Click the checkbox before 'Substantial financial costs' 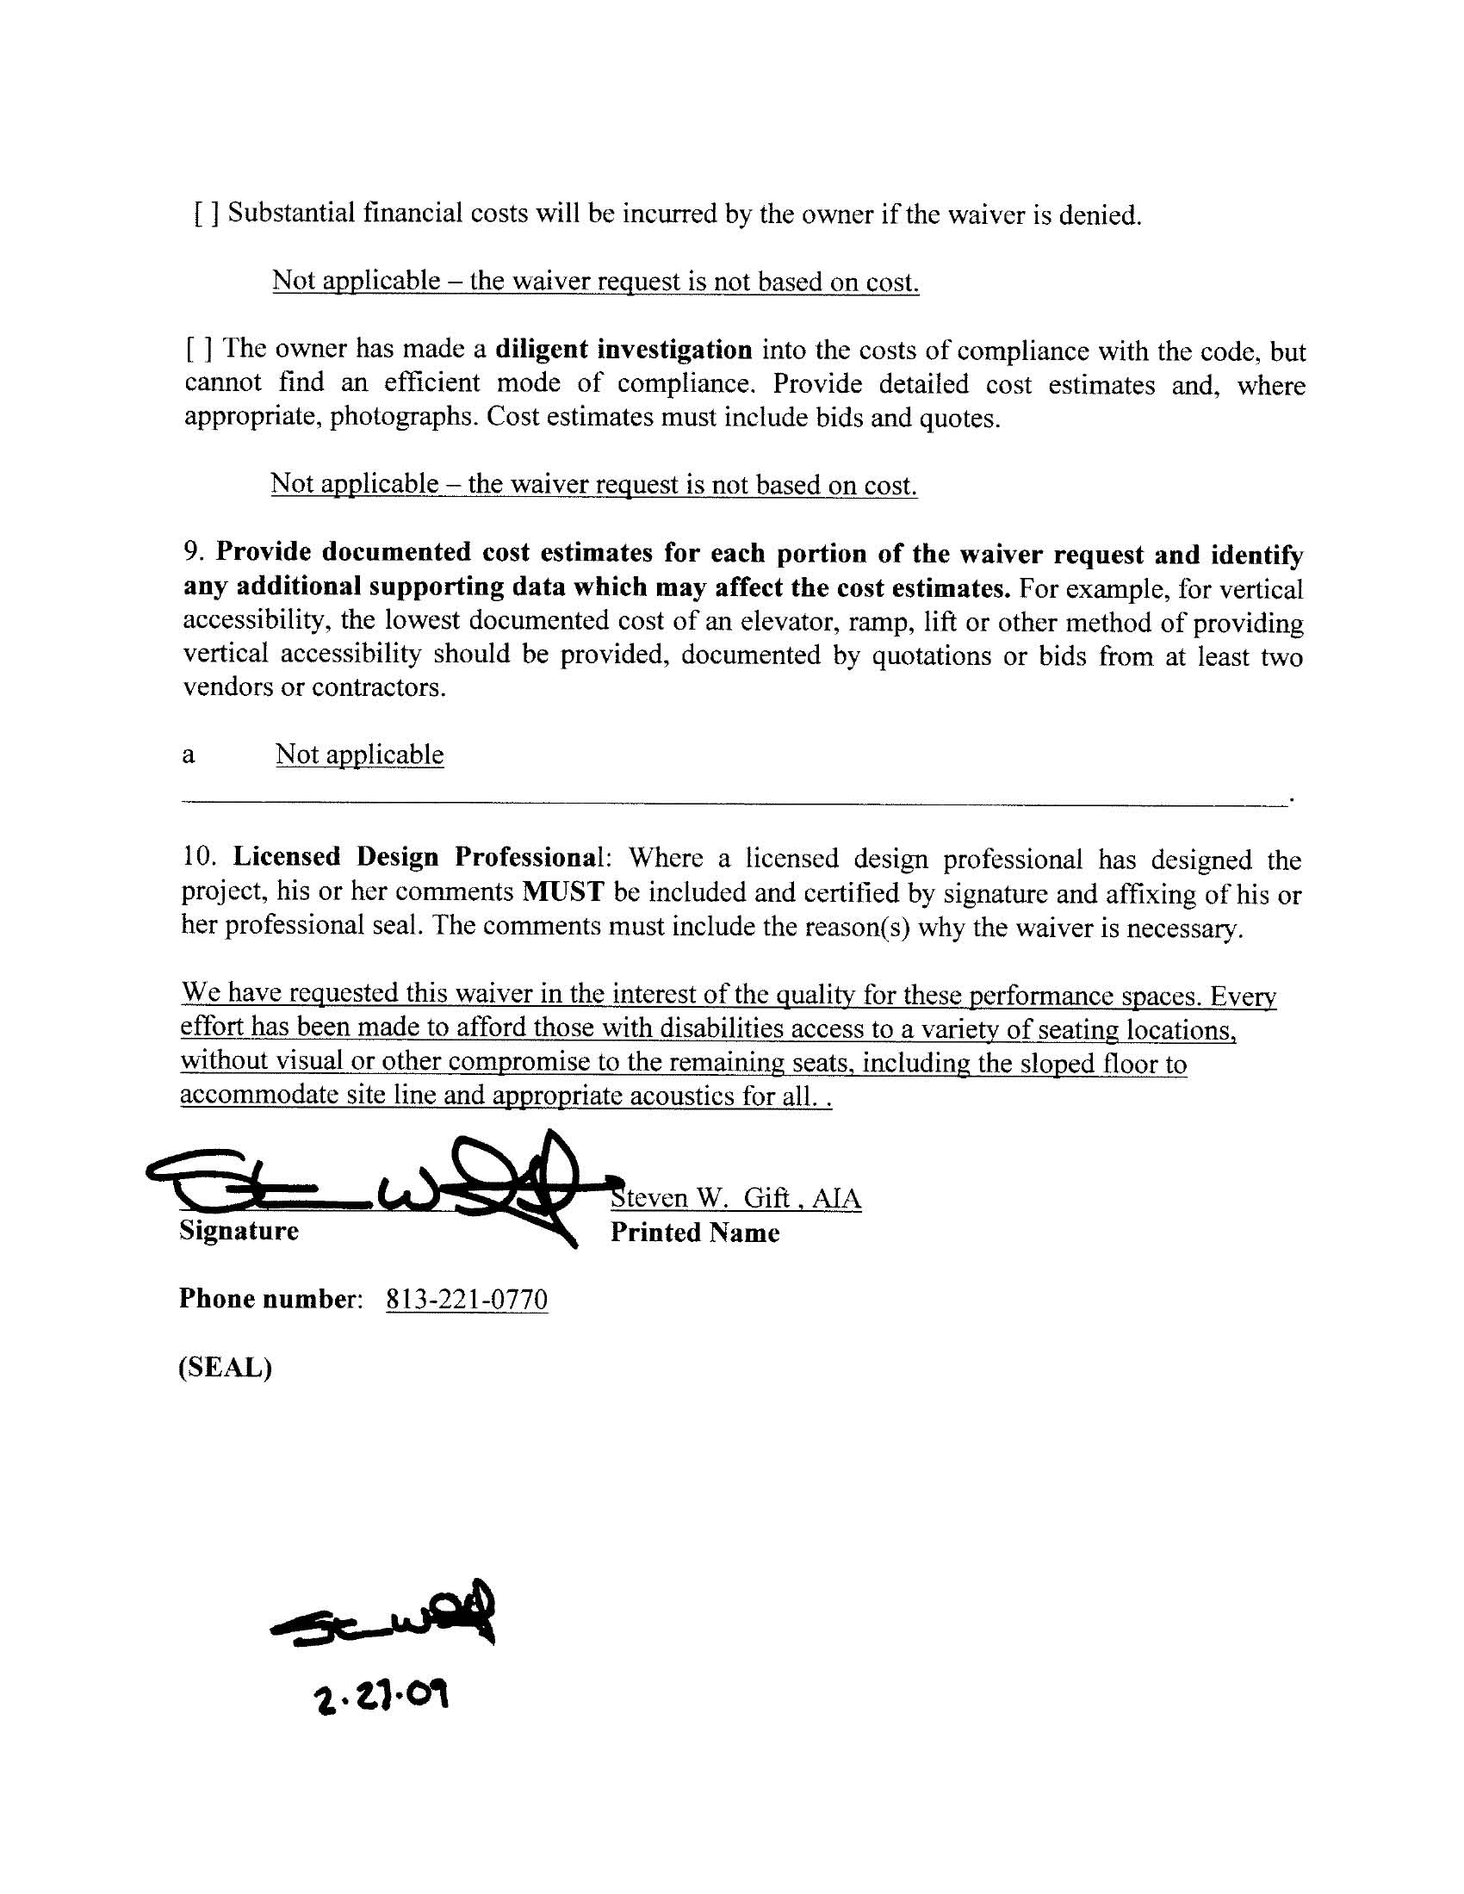tap(207, 214)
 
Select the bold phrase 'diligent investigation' tap(623, 350)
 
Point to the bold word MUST tap(563, 891)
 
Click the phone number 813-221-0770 tap(467, 1299)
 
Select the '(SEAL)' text tap(226, 1367)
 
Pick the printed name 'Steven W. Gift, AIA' tap(736, 1198)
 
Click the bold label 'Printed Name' tap(695, 1233)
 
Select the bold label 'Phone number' tap(267, 1299)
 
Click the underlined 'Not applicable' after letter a tap(359, 754)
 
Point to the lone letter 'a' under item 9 tap(189, 756)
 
